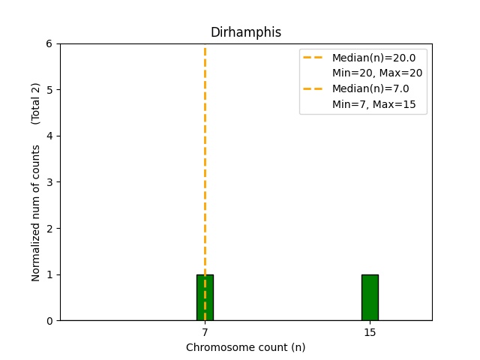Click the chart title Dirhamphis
[246, 32]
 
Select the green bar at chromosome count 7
[205, 298]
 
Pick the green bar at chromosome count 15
[370, 298]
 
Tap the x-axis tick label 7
[205, 332]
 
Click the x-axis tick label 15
[370, 332]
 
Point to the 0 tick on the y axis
[49, 321]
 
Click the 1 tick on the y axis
[49, 274]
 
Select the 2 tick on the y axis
[49, 228]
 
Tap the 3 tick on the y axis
[49, 182]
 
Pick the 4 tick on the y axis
[49, 136]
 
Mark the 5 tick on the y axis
[49, 90]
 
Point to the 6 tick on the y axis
[49, 43]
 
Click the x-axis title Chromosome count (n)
[246, 347]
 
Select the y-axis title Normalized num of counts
[35, 213]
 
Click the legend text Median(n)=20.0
[373, 58]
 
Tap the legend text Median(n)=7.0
[370, 88]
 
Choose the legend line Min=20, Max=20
[377, 73]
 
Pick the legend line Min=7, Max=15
[373, 104]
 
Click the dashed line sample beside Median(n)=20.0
[313, 57]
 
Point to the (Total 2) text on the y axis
[35, 103]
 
